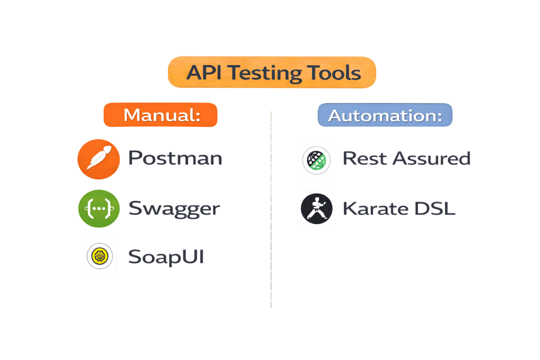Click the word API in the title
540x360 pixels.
coord(204,73)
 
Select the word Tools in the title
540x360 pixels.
coord(334,73)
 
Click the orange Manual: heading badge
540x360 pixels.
coord(160,115)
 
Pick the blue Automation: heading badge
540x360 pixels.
coord(385,115)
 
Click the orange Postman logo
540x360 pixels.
coord(99,160)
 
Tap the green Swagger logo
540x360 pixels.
coord(99,208)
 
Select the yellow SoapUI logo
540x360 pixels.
coord(100,256)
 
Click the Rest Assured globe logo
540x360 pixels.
coord(316,160)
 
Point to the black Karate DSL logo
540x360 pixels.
coord(316,209)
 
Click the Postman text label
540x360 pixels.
coord(175,158)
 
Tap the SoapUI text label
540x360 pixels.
coord(166,257)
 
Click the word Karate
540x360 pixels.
coord(375,208)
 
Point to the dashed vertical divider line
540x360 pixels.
coord(271,211)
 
